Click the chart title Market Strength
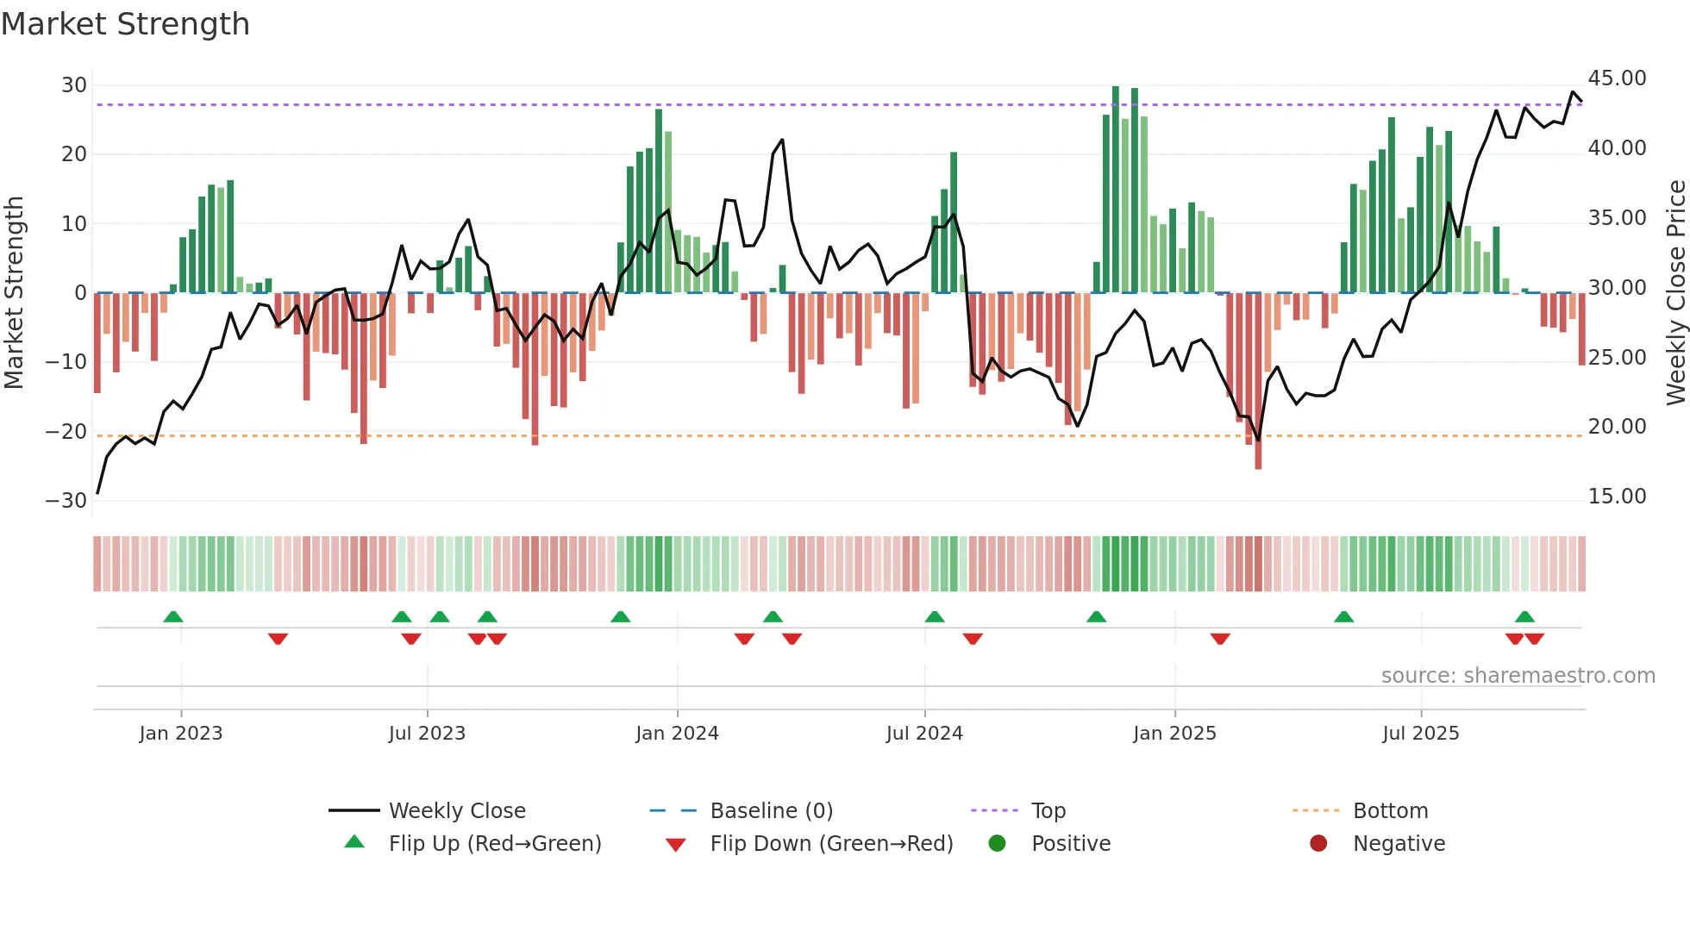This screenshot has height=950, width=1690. (x=125, y=24)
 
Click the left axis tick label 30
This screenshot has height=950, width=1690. (x=74, y=85)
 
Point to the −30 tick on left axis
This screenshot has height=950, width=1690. (x=67, y=501)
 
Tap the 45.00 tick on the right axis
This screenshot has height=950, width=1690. (x=1617, y=78)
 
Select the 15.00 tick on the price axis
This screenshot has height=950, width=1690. (x=1617, y=497)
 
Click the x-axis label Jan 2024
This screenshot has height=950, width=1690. (x=677, y=734)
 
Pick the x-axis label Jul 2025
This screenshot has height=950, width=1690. (x=1420, y=734)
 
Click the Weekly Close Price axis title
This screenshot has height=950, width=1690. (x=1675, y=293)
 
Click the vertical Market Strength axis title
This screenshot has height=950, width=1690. (x=14, y=293)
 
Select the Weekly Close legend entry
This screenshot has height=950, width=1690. (x=456, y=811)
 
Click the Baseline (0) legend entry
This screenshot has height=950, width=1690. (x=771, y=811)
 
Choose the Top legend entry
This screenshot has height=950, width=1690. (x=1048, y=811)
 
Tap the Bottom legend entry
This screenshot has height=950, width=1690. (x=1390, y=811)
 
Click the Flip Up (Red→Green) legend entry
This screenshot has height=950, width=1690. (x=494, y=844)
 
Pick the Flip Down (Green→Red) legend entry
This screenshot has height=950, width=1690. (x=831, y=844)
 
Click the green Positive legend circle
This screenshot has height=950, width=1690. (x=998, y=844)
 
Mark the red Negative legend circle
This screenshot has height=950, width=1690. (x=1318, y=844)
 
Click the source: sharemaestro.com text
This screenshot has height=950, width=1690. (x=1518, y=676)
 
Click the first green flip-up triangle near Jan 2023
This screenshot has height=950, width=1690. (x=173, y=617)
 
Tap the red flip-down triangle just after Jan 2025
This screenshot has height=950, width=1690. (x=1220, y=639)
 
